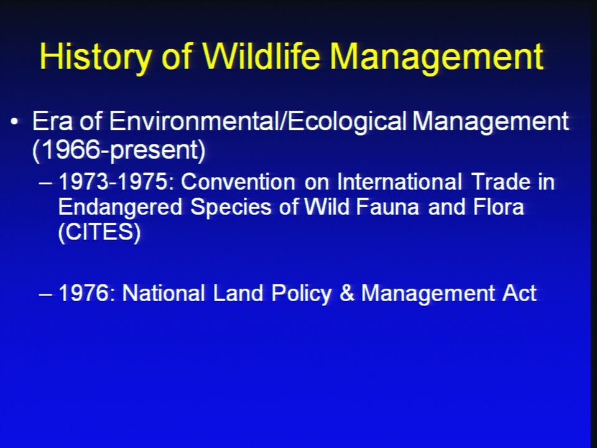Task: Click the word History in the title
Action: tap(96, 56)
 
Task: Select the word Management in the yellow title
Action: tap(437, 57)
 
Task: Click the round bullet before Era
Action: tap(14, 121)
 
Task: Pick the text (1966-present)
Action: tap(119, 150)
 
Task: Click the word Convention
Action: tap(238, 182)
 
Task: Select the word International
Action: tap(400, 182)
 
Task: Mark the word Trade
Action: tap(501, 182)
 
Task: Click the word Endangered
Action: tap(120, 207)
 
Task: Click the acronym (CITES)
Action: tap(99, 231)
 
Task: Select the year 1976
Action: tap(86, 293)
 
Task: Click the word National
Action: tap(164, 293)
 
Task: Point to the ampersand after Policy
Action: tap(346, 293)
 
